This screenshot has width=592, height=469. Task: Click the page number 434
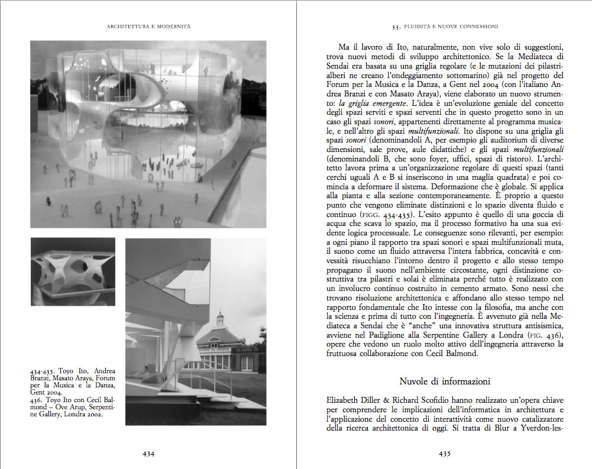coord(148,454)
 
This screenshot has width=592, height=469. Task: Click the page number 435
coord(445,454)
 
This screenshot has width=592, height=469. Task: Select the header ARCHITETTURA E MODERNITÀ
coord(148,26)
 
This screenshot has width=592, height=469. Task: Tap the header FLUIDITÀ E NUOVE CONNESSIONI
coord(445,26)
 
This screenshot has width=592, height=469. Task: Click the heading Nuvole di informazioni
coord(445,381)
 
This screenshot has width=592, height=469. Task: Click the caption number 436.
coord(38,400)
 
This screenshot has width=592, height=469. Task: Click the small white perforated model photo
coord(73,271)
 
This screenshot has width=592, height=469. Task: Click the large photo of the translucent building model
coord(148,134)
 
